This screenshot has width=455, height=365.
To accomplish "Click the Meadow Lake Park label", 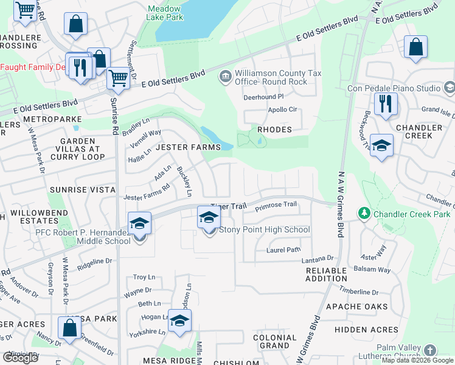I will pos(165,13).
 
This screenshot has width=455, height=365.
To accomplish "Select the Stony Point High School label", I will pos(264,230).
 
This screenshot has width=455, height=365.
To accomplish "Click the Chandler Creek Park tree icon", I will pos(364,214).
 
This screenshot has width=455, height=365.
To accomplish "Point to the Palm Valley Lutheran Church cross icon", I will pos(430,350).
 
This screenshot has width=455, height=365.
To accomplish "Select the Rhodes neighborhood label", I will pos(274,130).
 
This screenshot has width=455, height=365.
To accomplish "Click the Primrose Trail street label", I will pos(275,207).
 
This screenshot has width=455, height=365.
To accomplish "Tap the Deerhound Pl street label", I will pos(264,97).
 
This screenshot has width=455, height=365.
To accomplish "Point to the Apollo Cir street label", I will pos(282,110).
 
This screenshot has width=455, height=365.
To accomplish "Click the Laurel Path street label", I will pos(283,249).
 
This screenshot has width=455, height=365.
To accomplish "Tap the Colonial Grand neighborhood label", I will pos(274,341).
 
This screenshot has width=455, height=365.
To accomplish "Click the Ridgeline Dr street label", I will pos(96,261).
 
